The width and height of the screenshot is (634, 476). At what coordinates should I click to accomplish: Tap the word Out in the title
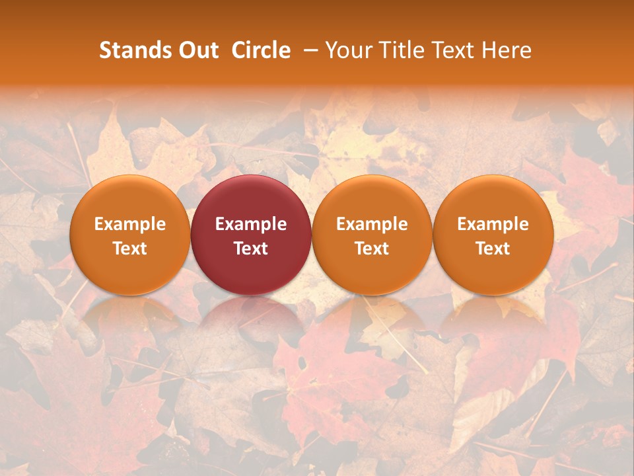coord(196,51)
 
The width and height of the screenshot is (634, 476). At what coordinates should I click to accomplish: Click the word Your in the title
coord(347,51)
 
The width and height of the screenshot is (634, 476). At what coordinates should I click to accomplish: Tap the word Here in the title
coord(505,51)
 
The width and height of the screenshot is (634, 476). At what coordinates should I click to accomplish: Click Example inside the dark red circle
coord(251,224)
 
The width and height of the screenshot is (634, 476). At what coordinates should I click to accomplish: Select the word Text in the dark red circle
coord(251,249)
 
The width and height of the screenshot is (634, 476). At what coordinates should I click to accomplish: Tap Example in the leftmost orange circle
coord(130,224)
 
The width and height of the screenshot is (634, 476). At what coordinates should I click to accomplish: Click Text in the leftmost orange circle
coord(130,249)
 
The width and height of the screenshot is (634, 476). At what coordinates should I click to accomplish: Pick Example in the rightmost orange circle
coord(493,224)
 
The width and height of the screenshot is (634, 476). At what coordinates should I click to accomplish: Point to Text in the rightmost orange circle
coord(493,249)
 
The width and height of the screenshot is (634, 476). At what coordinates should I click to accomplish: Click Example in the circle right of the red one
coord(372,224)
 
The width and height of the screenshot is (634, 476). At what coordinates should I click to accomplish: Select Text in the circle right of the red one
coord(372,249)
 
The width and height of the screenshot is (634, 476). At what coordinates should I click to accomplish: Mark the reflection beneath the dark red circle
coord(251,317)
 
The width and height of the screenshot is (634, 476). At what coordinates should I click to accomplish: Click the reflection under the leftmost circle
coord(130,317)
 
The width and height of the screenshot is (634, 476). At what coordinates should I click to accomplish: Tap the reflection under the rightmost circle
coord(493,317)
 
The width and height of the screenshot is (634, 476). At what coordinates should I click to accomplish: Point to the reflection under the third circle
coord(372,317)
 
